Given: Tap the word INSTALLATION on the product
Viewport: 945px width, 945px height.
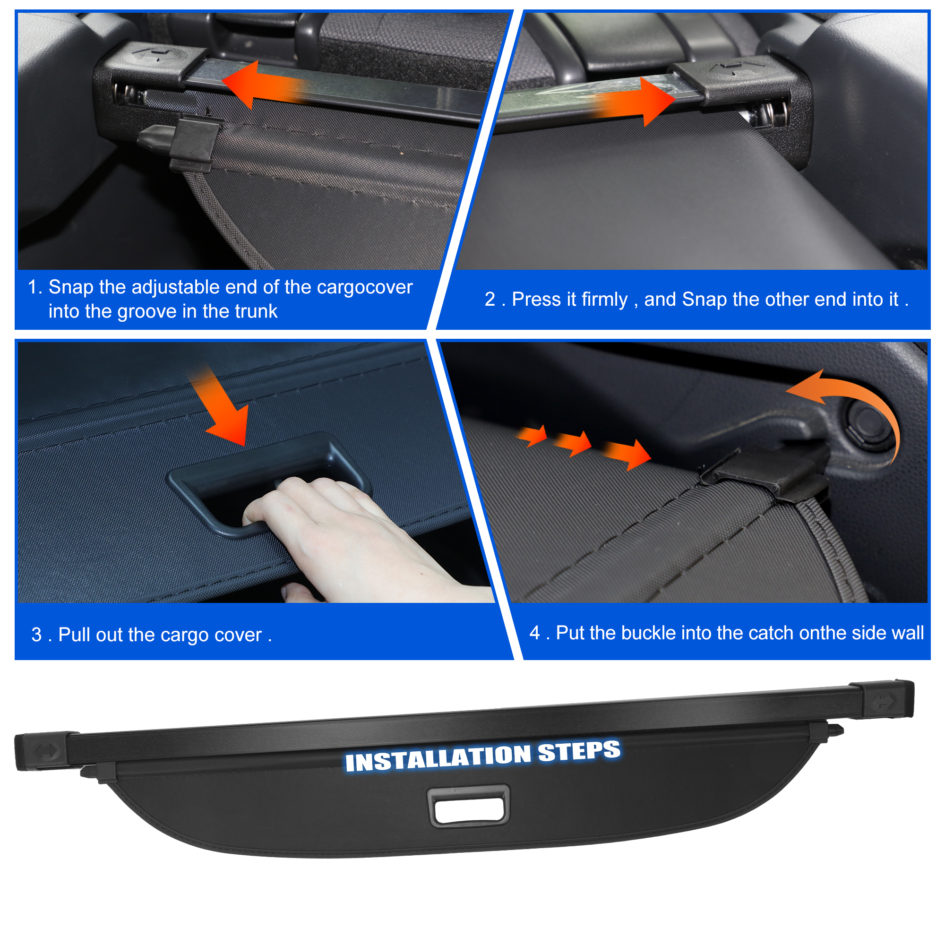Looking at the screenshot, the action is (438, 758).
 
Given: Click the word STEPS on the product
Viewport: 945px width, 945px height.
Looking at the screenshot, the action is (579, 751).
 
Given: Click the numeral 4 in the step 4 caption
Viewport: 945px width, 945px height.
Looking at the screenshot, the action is (534, 633).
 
